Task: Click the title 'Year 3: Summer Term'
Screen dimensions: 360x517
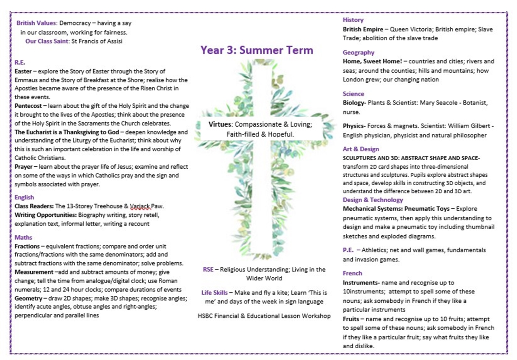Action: point(257,50)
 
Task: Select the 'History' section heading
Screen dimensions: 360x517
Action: point(353,20)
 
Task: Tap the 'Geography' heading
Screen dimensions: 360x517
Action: point(359,52)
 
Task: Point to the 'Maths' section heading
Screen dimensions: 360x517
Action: point(23,237)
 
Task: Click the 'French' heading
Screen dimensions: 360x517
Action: point(352,273)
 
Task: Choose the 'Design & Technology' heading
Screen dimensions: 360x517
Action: point(373,200)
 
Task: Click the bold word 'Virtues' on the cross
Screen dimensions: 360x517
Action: point(220,124)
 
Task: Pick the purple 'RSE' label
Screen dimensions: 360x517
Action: point(208,269)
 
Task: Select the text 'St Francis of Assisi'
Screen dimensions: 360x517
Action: point(97,41)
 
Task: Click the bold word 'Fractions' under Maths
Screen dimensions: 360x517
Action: point(27,246)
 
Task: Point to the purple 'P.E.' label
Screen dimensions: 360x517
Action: point(349,250)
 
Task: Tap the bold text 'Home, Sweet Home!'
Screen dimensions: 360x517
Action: point(374,62)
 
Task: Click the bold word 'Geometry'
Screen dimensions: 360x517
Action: point(28,298)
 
